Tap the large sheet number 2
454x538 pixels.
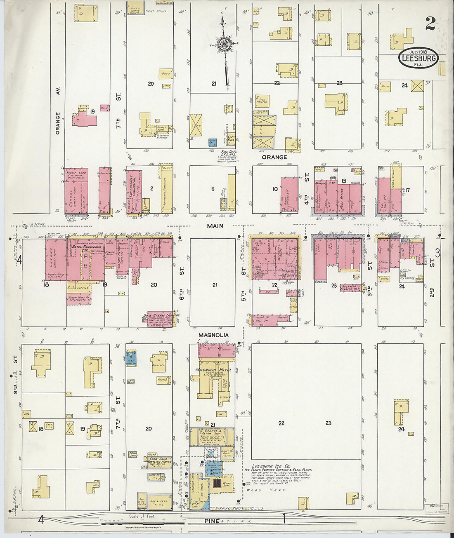[x=430, y=24]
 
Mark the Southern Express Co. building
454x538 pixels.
[x=352, y=288]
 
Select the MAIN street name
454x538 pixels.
[x=215, y=226]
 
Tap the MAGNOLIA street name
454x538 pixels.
[x=213, y=335]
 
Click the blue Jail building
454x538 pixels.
[x=213, y=143]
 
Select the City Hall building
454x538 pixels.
[x=231, y=140]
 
